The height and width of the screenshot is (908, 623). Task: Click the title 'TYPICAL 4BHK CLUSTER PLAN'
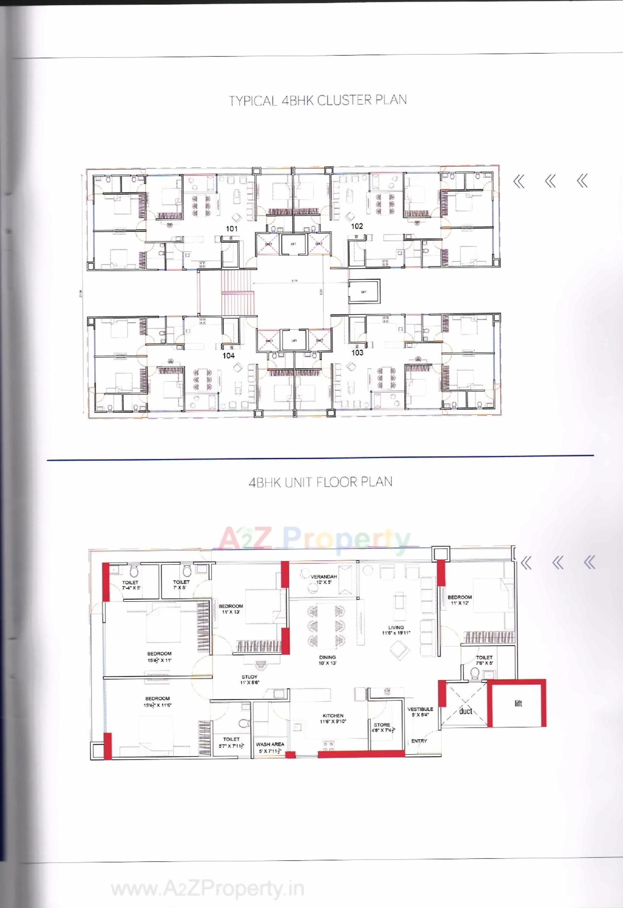click(317, 100)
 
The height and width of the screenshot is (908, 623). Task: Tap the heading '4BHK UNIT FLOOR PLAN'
click(320, 482)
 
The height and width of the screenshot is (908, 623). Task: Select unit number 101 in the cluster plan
click(232, 228)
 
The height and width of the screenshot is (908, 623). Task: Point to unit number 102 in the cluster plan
click(357, 226)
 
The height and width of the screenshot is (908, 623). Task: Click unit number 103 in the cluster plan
click(357, 352)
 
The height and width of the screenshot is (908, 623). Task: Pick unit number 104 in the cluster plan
click(229, 355)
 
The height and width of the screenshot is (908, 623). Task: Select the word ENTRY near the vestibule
click(419, 741)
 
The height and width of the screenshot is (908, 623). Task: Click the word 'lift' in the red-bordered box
click(518, 704)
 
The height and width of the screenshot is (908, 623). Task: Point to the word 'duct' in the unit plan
click(465, 711)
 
